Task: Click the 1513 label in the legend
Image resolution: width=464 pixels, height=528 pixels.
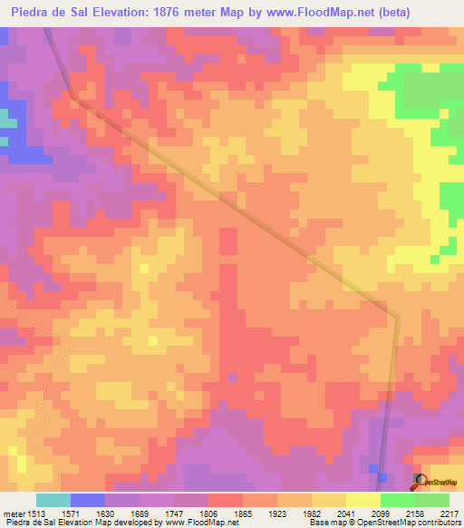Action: point(35,513)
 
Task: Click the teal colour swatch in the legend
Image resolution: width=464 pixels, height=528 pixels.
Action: point(53,500)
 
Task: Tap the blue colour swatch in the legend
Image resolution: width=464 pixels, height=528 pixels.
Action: point(87,500)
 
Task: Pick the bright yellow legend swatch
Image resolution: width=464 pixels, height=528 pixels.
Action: point(362,500)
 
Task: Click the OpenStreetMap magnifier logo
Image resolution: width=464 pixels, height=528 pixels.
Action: point(420,480)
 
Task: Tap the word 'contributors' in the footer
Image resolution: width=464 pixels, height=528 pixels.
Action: point(440,523)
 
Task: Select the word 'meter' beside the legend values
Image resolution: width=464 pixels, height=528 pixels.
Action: point(12,513)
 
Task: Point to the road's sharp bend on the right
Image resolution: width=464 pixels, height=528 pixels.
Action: point(396,317)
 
